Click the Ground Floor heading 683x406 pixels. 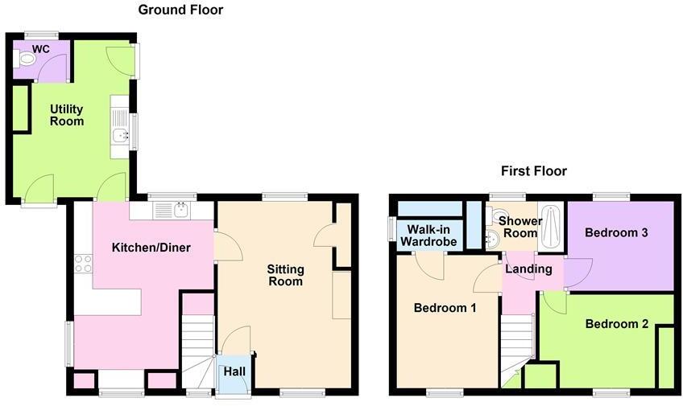pyautogui.click(x=180, y=10)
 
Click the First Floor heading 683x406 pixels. pyautogui.click(x=533, y=171)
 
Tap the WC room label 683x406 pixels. pyautogui.click(x=41, y=49)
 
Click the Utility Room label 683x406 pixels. pyautogui.click(x=67, y=115)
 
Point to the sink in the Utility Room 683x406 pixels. pyautogui.click(x=120, y=135)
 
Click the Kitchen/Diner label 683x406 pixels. pyautogui.click(x=151, y=248)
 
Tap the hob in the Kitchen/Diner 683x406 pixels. pyautogui.click(x=82, y=263)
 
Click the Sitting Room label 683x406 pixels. pyautogui.click(x=284, y=274)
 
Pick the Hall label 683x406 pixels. pyautogui.click(x=234, y=371)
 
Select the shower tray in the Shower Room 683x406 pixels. pyautogui.click(x=553, y=228)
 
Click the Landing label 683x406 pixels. pyautogui.click(x=528, y=269)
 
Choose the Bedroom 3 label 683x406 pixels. pyautogui.click(x=616, y=233)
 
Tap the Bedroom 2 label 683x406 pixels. pyautogui.click(x=616, y=325)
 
